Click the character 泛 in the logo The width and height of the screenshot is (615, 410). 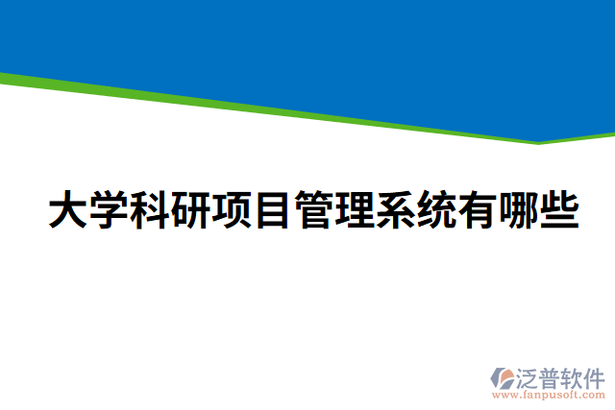[x=529, y=376]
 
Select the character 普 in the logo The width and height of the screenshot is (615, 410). [x=552, y=376]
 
